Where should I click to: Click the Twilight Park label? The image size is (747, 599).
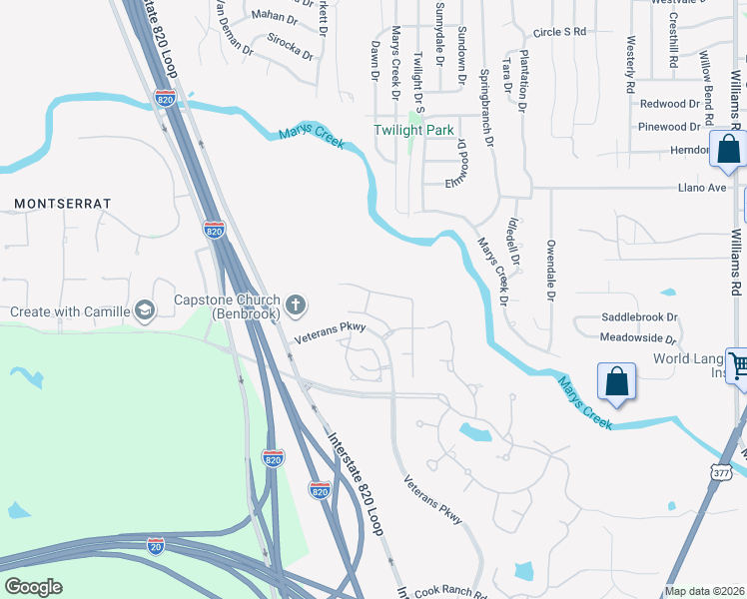(413, 131)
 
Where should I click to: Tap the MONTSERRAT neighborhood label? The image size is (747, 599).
(62, 204)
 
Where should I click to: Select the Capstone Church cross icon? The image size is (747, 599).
(296, 303)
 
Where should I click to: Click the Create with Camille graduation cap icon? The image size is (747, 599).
(146, 311)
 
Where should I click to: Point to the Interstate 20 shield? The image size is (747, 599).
(155, 545)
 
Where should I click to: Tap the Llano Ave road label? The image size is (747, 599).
(702, 188)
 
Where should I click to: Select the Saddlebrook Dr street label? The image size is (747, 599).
(639, 317)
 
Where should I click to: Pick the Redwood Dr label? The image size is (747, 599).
(670, 104)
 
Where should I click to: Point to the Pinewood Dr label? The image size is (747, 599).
(670, 127)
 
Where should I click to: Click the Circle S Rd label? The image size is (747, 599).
(559, 32)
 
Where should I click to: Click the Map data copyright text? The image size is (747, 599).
(705, 591)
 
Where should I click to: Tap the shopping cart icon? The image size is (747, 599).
(737, 364)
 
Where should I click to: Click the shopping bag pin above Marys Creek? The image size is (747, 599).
(616, 380)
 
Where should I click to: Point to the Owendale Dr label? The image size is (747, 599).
(550, 270)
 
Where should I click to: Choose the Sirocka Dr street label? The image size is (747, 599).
(290, 45)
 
